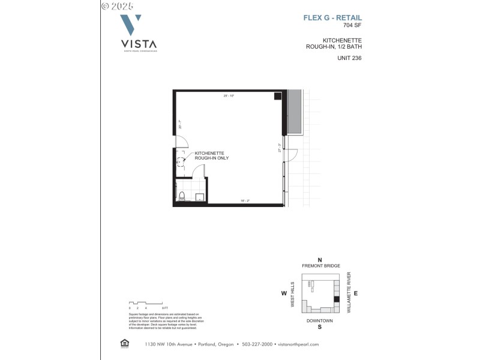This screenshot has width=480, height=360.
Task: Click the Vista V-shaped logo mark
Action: pos(131,25)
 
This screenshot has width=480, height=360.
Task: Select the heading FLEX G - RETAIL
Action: pos(332,18)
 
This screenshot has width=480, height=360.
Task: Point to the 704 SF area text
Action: pos(353,25)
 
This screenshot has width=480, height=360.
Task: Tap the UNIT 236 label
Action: pos(349,58)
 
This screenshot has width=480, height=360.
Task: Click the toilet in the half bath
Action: pos(182,196)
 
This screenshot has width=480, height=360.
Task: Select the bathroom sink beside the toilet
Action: pos(200,196)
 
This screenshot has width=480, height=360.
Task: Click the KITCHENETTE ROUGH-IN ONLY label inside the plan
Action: pos(212,155)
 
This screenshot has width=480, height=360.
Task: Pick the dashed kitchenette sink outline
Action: pos(179,161)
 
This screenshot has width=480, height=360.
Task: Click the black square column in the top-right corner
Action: pos(278,96)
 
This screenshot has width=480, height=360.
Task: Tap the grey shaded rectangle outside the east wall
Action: pos(295,112)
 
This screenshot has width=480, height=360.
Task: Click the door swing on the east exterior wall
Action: pos(290,154)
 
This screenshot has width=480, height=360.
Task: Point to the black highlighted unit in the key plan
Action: pos(337,299)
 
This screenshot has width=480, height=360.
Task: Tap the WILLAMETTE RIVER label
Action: pos(349,293)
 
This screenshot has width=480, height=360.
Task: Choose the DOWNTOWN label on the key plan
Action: pos(320,320)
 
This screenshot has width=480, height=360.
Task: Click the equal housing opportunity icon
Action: pos(125,344)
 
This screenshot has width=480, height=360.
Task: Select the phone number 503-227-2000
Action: pos(257,344)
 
